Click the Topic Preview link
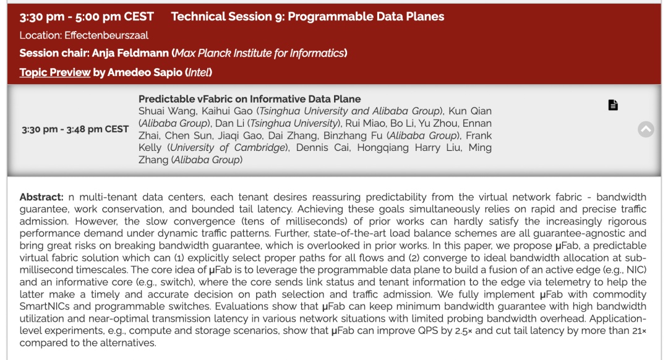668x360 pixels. [x=55, y=72]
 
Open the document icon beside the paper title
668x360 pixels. [x=612, y=105]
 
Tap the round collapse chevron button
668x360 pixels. [x=646, y=129]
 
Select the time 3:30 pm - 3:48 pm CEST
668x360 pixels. [x=75, y=129]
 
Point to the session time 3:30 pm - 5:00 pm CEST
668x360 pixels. [x=87, y=17]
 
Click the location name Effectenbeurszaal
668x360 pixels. [x=106, y=35]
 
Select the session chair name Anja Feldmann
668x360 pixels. [x=131, y=53]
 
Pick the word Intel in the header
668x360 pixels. [x=199, y=72]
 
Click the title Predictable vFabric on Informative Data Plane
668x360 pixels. [x=250, y=99]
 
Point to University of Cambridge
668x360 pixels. [x=228, y=148]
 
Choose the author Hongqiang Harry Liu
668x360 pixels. [x=409, y=148]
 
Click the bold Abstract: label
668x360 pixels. [x=41, y=197]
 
